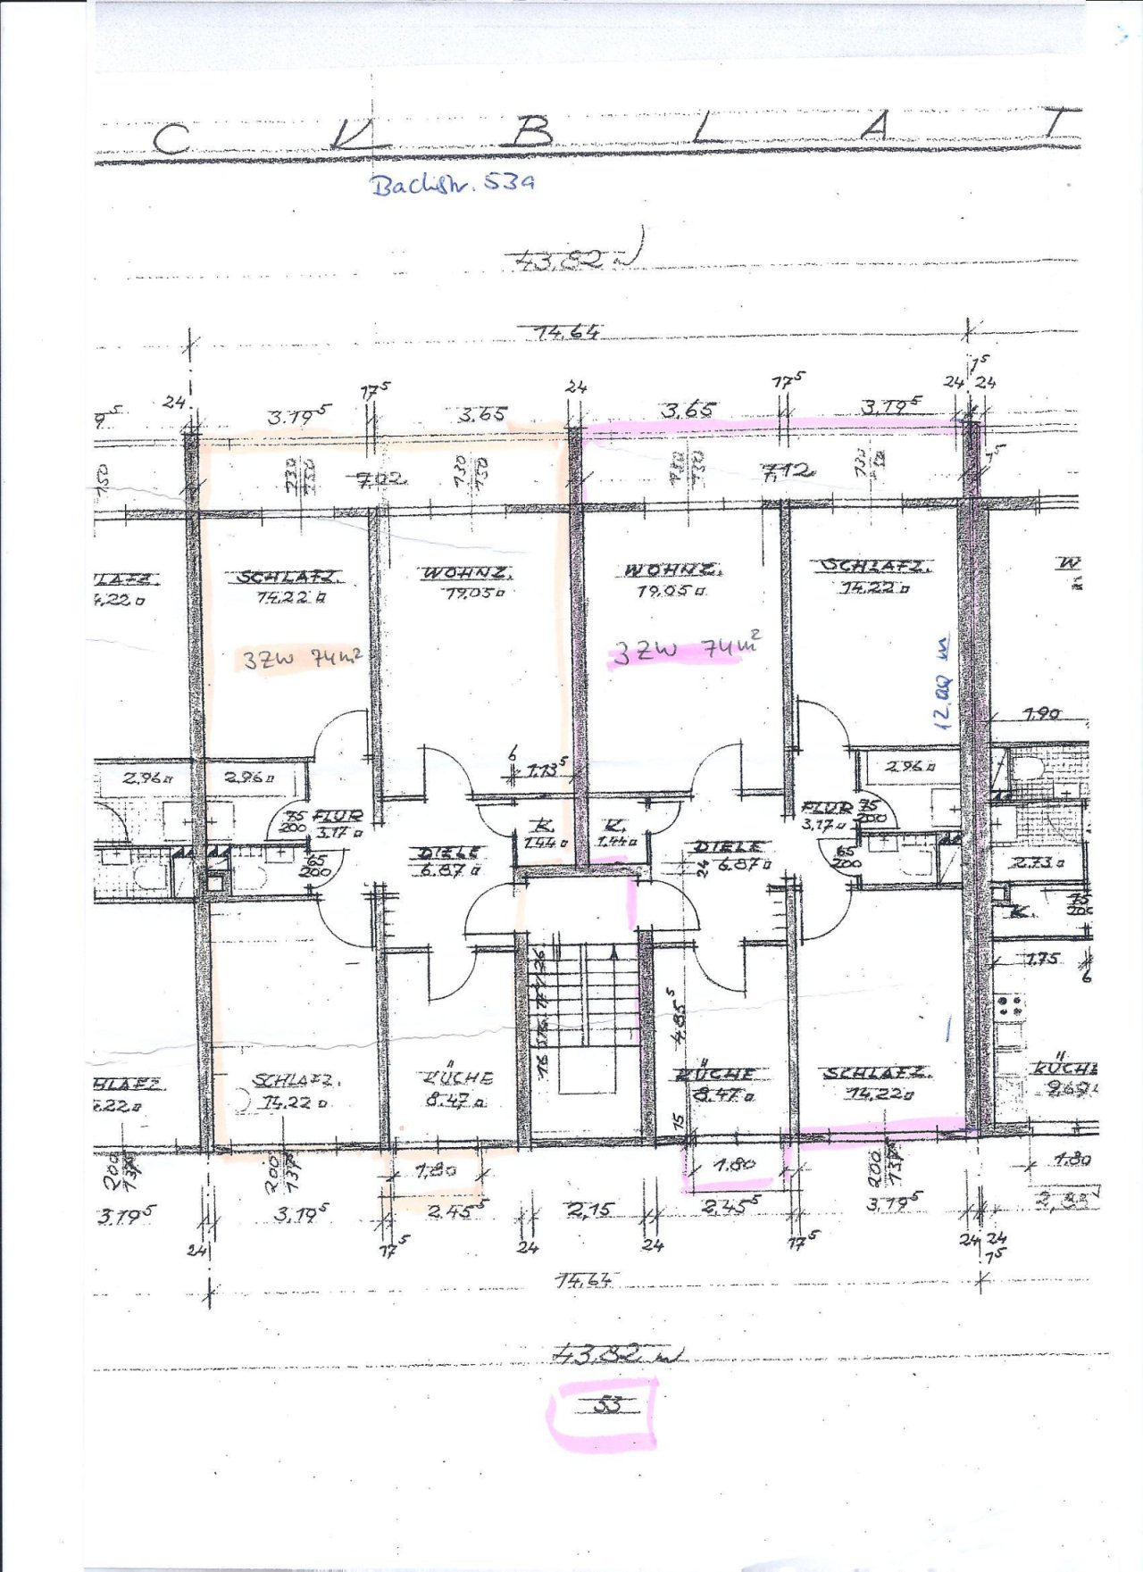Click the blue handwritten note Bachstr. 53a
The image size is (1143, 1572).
coord(453,184)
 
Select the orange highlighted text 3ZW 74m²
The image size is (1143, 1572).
coord(302,659)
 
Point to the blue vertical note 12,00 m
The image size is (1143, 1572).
coord(943,683)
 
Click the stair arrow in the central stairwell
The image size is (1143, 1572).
coord(614,953)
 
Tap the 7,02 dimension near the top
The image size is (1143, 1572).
coord(382,480)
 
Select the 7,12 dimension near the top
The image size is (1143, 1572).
coord(787,470)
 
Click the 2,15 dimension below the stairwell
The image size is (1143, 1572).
coord(590,1210)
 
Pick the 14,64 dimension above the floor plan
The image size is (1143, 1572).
coord(567,332)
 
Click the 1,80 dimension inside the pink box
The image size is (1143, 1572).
coord(736,1164)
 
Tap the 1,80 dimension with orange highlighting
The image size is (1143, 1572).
coord(437,1169)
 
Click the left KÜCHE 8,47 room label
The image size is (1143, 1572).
coord(456,1088)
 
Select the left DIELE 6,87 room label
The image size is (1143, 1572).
coord(450,861)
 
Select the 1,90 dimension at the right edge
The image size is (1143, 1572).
coord(1041,713)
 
